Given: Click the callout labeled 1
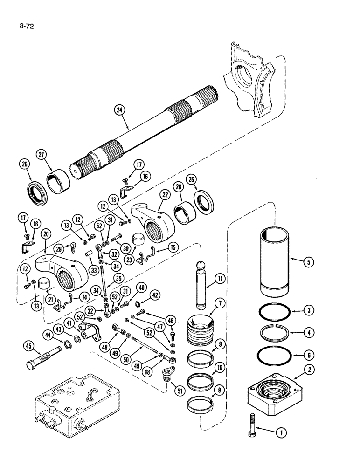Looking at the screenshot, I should pyautogui.click(x=281, y=432).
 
